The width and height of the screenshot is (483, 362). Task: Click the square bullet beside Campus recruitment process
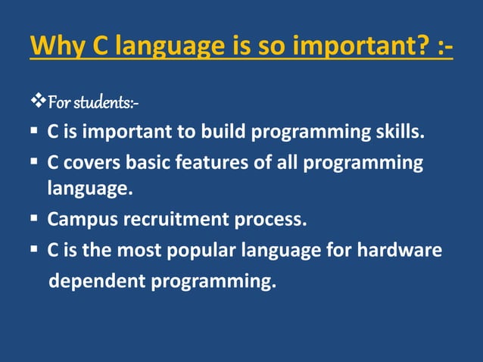[35, 220]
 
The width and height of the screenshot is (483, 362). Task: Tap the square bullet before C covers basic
[35, 163]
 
